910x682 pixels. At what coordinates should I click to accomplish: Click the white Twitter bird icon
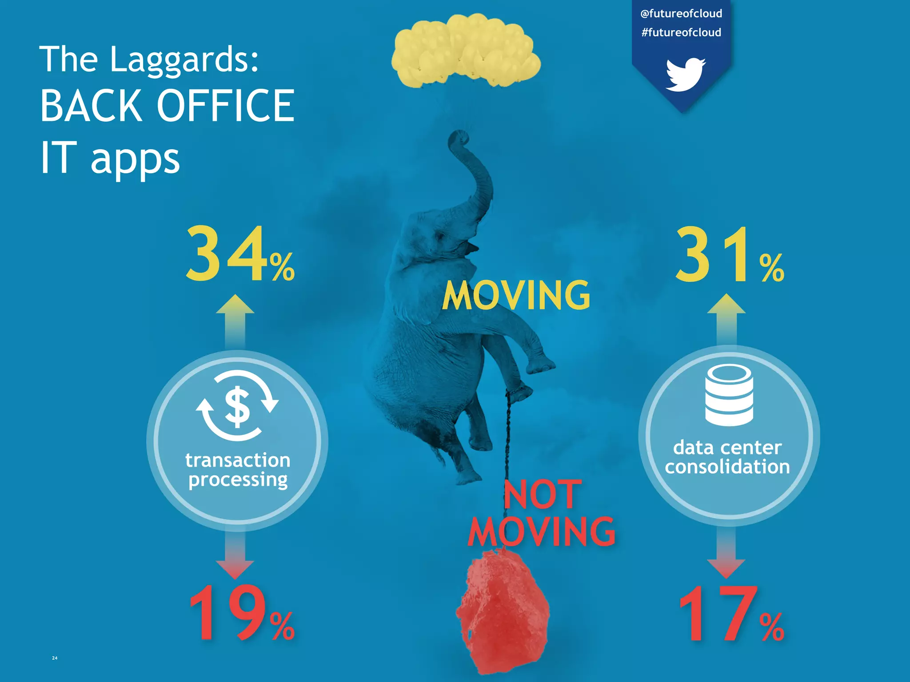point(685,74)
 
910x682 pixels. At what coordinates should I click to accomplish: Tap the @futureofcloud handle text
point(681,13)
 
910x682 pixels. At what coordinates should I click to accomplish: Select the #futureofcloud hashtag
point(681,32)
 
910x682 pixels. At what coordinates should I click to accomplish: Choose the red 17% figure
point(730,615)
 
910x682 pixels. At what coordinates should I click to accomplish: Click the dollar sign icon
point(237,406)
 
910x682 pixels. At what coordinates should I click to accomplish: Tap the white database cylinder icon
point(729,395)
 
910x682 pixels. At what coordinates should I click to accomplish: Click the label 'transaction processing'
point(238,470)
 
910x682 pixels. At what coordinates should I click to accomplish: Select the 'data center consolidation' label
point(727,457)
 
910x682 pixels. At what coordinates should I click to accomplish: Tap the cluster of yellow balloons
point(465,51)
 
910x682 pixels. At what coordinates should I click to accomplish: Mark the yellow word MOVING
point(516,296)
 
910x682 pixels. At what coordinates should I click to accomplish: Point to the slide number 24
point(55,658)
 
